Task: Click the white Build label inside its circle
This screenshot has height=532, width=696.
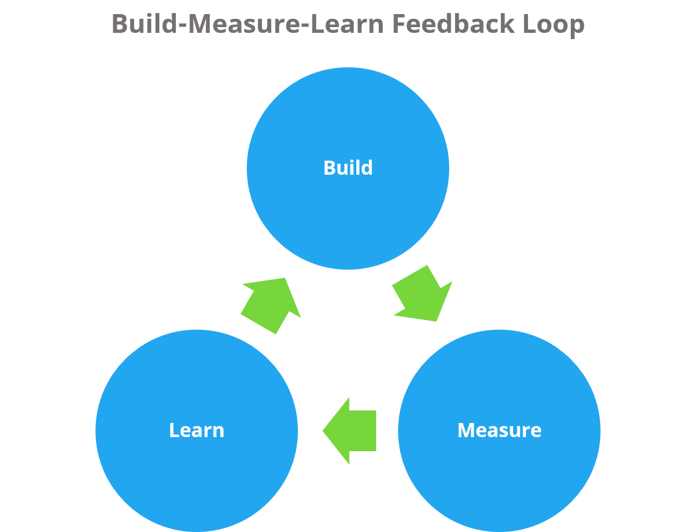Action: pos(348,168)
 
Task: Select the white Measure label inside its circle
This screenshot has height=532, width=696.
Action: pos(499,430)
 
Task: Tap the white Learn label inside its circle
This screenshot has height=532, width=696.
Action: pos(197,430)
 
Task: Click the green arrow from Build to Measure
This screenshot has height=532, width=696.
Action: pos(423,295)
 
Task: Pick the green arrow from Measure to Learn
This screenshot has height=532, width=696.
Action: pos(352,431)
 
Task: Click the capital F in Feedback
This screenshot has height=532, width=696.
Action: pos(398,24)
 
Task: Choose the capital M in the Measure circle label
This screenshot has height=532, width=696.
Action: pos(466,430)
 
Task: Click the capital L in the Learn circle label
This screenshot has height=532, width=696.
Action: pos(173,430)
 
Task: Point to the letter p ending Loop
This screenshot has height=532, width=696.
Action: pos(578,26)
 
